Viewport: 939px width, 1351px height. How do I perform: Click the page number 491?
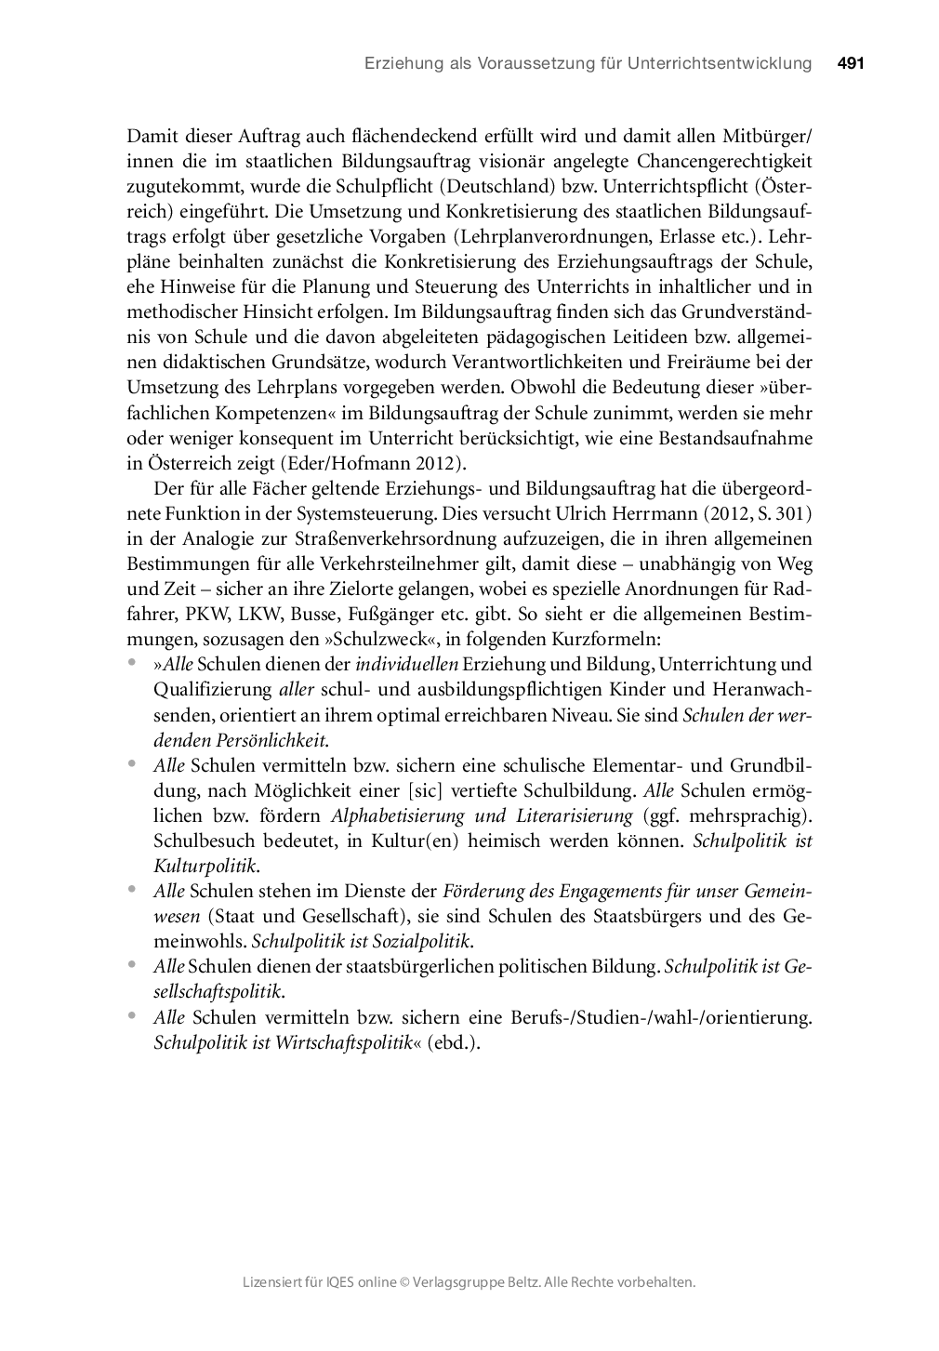(851, 64)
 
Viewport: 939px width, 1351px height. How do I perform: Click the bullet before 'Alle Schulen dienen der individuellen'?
(133, 663)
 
